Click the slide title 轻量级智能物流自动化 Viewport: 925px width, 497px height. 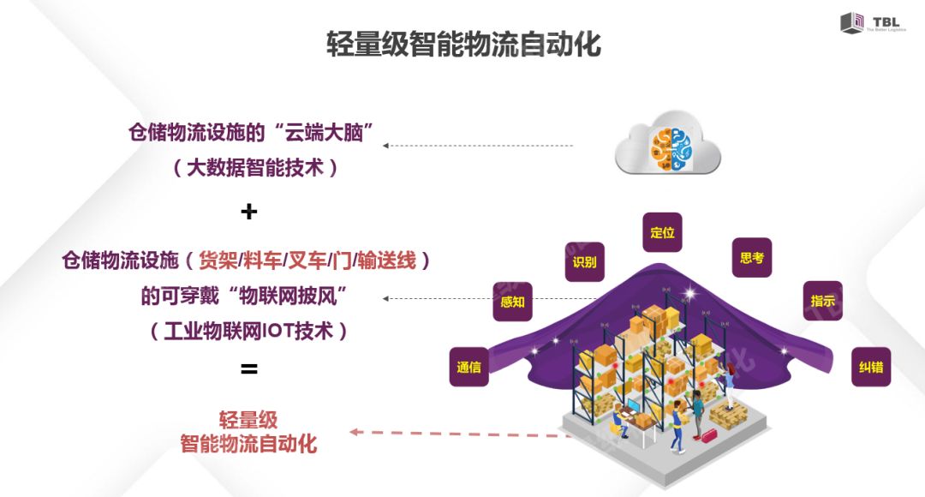point(463,44)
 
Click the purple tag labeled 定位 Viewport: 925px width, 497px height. point(662,232)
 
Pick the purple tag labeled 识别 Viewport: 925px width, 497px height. point(584,261)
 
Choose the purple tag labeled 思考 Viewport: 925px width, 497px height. point(751,257)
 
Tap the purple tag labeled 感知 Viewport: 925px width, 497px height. point(512,302)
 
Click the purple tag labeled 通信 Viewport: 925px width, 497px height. point(468,367)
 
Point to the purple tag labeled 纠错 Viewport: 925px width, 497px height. point(870,367)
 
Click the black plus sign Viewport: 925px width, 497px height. point(249,212)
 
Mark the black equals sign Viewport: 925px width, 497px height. point(248,369)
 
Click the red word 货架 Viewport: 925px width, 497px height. point(218,260)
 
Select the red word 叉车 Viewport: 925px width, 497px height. point(307,260)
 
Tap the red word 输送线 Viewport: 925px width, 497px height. point(386,260)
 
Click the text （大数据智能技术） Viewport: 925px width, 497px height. point(255,167)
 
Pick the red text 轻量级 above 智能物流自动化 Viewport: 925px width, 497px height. point(248,420)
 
